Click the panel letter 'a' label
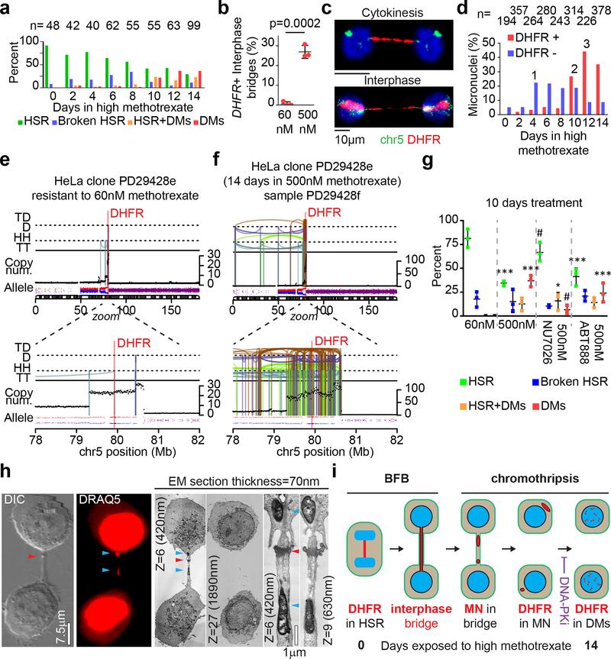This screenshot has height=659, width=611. (7, 8)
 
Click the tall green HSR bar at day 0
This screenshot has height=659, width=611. (47, 67)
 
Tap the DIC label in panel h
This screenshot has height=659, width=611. (17, 467)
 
